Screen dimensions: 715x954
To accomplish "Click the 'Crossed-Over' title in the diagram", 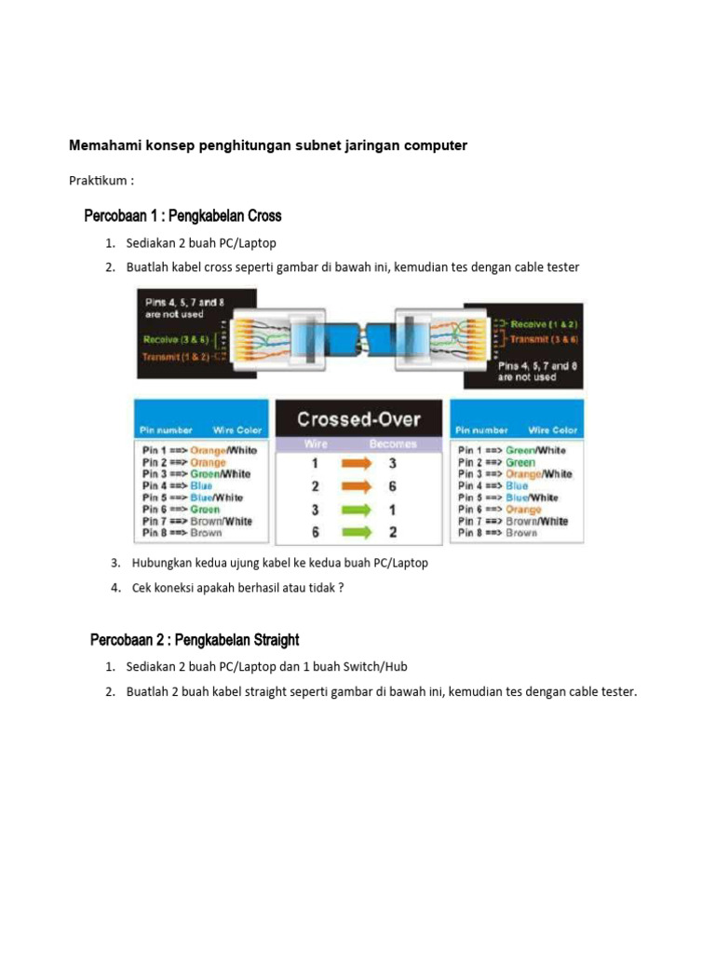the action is (358, 420).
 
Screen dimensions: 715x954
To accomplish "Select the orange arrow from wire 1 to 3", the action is (355, 463).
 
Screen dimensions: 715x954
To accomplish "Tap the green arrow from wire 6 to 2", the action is (355, 533).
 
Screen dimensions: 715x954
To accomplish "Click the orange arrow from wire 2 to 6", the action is (355, 486).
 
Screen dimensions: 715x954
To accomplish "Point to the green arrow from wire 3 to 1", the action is (355, 510).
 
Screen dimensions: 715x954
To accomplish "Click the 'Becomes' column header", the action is (393, 444).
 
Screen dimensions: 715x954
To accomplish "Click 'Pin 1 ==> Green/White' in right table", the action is (511, 450).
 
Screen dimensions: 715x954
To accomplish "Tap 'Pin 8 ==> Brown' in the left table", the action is (182, 533).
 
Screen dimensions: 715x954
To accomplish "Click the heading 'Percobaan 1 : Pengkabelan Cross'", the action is (182, 216).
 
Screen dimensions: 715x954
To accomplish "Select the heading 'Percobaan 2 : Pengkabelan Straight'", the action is (195, 640).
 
